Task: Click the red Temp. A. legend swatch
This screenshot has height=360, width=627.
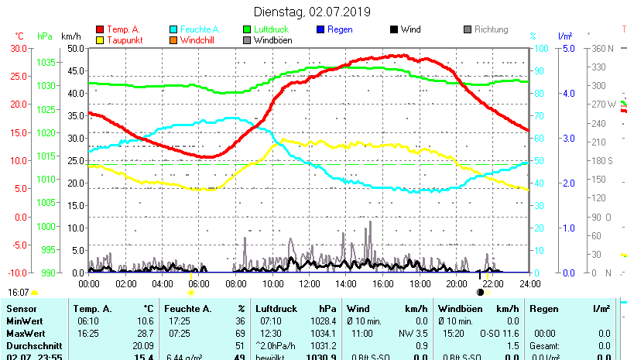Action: click(100, 29)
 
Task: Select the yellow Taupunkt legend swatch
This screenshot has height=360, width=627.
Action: click(100, 39)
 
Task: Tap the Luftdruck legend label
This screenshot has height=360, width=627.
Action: click(270, 29)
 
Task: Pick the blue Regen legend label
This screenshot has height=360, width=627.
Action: click(340, 29)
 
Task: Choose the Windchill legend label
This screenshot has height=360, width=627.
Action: click(199, 39)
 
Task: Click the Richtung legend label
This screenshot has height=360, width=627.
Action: click(491, 29)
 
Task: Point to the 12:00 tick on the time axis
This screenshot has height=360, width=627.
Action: click(310, 284)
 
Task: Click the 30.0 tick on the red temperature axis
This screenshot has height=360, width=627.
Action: click(19, 48)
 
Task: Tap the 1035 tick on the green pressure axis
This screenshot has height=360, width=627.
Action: click(46, 62)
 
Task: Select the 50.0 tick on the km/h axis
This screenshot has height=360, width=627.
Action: click(75, 48)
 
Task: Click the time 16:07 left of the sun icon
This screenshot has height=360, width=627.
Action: click(18, 293)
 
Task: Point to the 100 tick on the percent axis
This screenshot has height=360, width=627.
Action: click(543, 48)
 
